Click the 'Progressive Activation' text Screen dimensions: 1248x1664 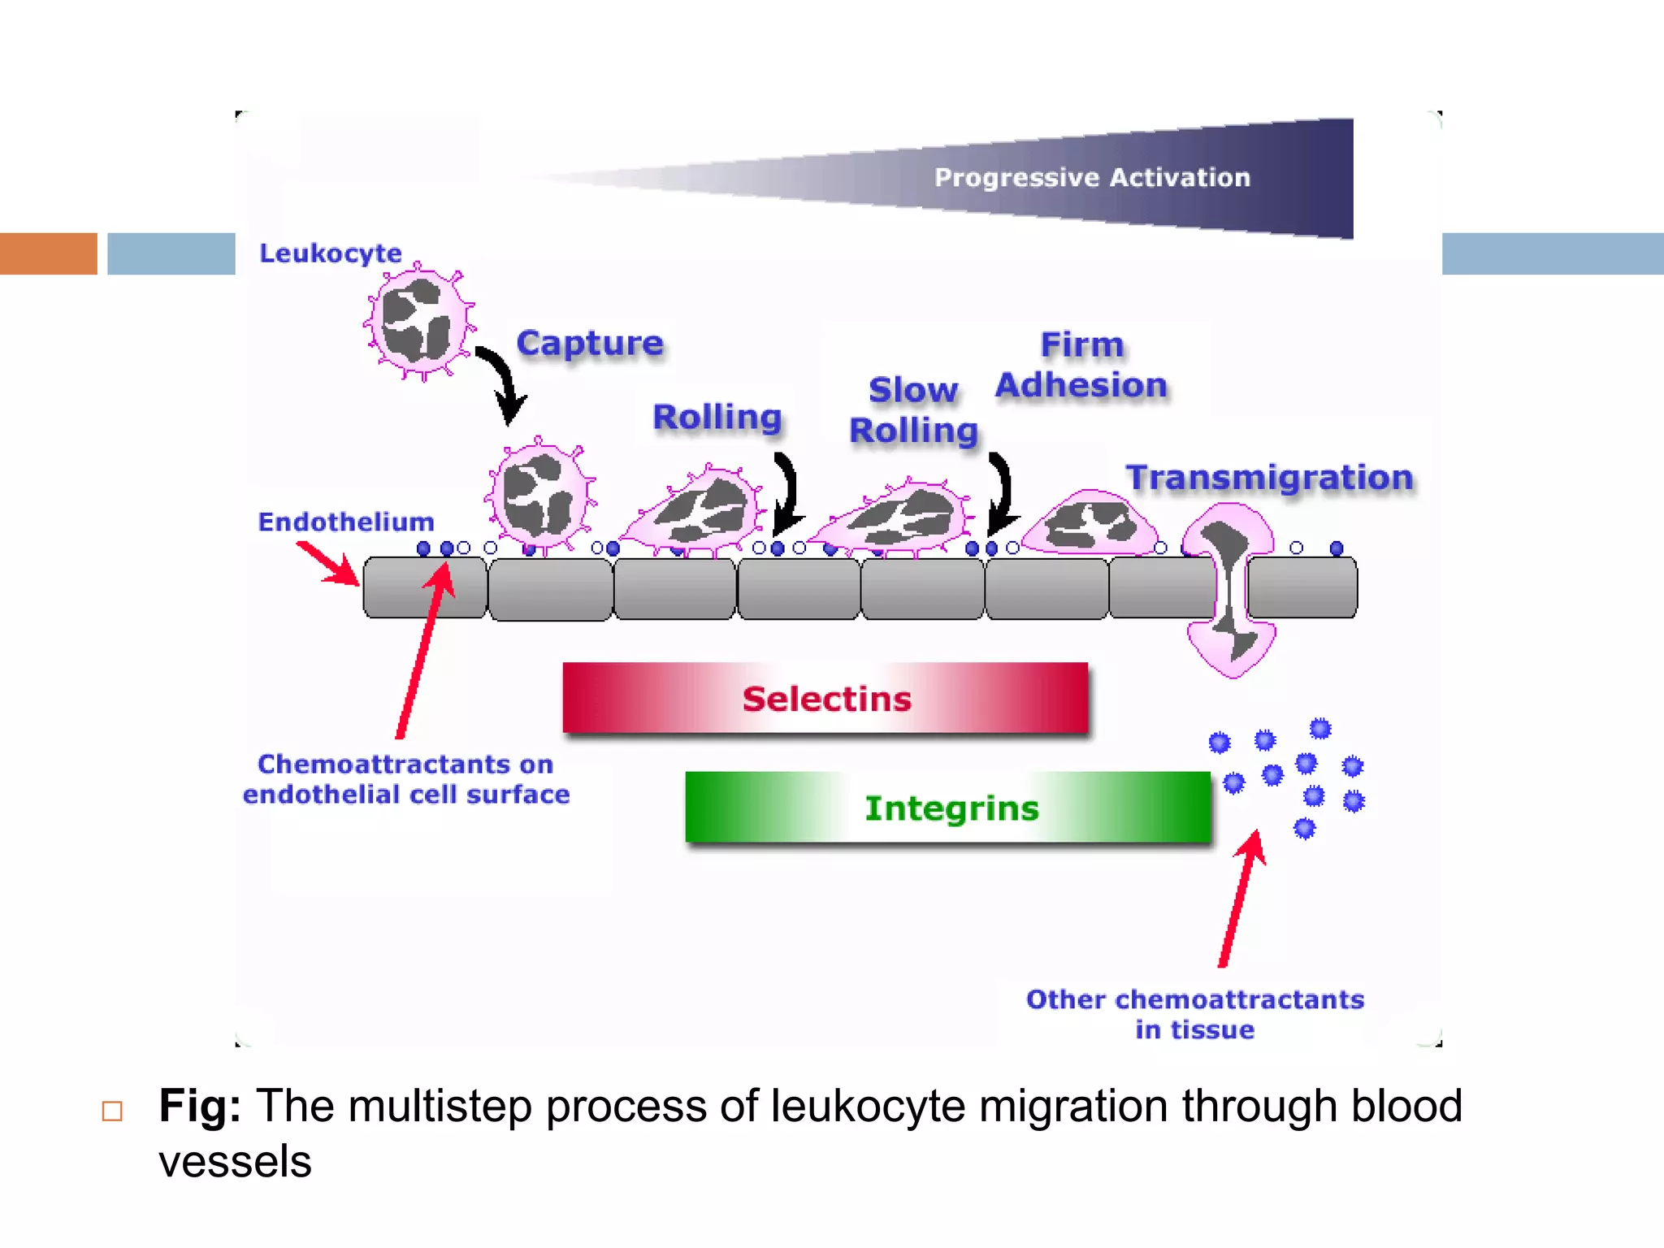point(1091,177)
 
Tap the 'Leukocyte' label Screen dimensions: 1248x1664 point(330,253)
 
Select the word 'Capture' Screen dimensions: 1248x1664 point(590,343)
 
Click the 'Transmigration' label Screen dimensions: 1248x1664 point(1269,478)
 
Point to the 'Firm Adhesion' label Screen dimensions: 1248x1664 point(1081,366)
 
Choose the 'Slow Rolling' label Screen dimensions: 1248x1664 point(913,410)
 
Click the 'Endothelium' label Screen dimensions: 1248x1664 point(345,522)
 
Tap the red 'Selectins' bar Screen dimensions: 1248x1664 point(825,699)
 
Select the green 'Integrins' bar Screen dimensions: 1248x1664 point(948,808)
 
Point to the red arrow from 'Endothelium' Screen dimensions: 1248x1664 point(327,563)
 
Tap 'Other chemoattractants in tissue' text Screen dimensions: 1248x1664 point(1194,1014)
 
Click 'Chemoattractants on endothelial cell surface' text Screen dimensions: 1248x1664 point(406,779)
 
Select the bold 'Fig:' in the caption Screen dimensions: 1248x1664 point(200,1106)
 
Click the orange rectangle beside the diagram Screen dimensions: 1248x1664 point(48,253)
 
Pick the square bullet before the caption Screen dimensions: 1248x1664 point(112,1111)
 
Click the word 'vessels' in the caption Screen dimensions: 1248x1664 point(235,1162)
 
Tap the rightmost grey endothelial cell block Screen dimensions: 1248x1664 point(1302,587)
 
